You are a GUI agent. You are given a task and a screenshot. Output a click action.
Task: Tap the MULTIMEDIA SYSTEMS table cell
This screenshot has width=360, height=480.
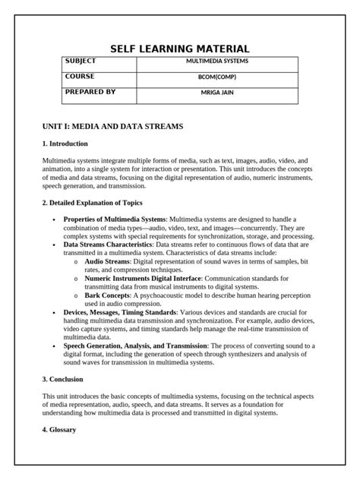pyautogui.click(x=217, y=61)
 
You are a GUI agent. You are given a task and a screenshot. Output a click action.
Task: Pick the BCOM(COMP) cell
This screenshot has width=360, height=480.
pyautogui.click(x=217, y=77)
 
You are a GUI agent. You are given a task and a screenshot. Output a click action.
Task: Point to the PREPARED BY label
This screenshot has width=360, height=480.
pyautogui.click(x=90, y=92)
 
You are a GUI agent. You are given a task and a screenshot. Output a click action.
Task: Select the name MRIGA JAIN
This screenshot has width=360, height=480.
pyautogui.click(x=217, y=93)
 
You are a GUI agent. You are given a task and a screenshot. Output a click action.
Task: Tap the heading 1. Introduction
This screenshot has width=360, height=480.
pyautogui.click(x=65, y=144)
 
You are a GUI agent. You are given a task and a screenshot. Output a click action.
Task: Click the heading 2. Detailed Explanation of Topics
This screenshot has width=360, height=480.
pyautogui.click(x=92, y=203)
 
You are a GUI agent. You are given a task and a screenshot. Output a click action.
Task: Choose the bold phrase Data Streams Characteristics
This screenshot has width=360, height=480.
pyautogui.click(x=108, y=245)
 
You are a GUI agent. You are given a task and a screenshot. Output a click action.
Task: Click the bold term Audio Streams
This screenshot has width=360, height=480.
pyautogui.click(x=107, y=261)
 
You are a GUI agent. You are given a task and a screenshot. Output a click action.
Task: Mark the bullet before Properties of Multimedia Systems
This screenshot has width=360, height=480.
pyautogui.click(x=54, y=219)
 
